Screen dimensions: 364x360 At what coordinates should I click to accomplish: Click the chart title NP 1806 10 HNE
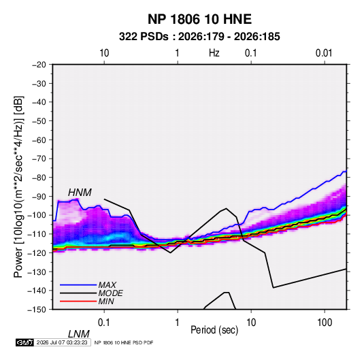[x=199, y=19]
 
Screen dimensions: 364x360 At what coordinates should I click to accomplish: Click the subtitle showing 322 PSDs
[x=199, y=37]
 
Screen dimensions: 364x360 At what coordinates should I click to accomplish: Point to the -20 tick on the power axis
[x=39, y=65]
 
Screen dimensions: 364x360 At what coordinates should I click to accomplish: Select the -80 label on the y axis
[x=39, y=178]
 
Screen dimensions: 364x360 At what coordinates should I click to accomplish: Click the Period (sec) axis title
[x=214, y=330]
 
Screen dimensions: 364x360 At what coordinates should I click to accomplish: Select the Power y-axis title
[x=18, y=187]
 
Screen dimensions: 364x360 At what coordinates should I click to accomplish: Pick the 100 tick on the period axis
[x=325, y=323]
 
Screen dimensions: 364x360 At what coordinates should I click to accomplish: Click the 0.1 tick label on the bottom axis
[x=104, y=323]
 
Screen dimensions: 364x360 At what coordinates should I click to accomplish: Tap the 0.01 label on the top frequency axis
[x=324, y=53]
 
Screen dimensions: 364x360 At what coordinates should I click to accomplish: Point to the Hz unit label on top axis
[x=214, y=53]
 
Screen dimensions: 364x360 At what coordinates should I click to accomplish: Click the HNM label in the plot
[x=80, y=193]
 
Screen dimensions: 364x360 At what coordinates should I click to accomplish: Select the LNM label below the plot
[x=79, y=334]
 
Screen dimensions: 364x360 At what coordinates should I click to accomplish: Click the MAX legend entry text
[x=107, y=284]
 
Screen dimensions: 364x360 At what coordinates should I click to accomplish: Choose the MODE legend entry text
[x=110, y=293]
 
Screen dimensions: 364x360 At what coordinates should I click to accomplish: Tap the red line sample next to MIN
[x=78, y=301]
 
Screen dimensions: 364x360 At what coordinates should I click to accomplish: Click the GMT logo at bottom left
[x=24, y=342]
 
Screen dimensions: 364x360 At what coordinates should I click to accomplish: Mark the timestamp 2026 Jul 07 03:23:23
[x=62, y=342]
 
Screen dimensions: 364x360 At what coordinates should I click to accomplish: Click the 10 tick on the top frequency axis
[x=104, y=53]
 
